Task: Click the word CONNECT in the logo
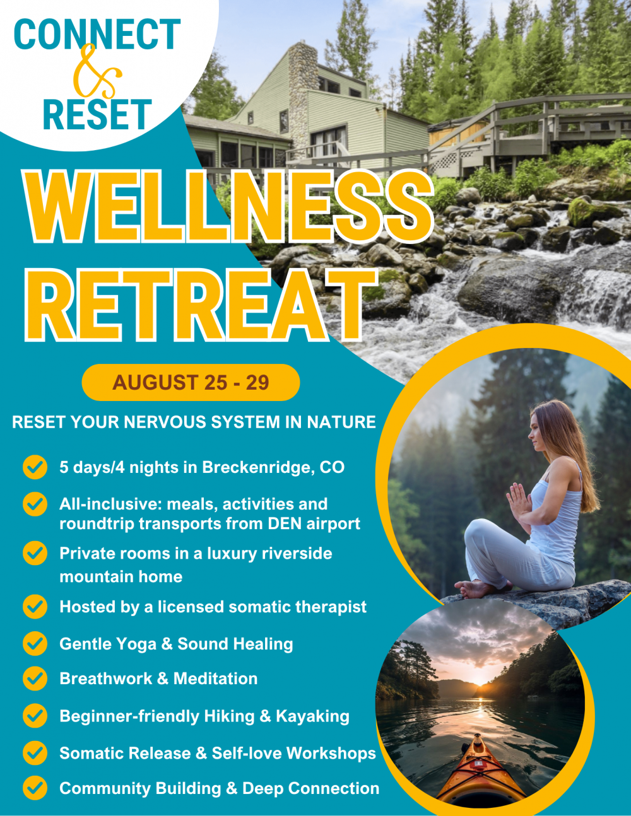click(97, 34)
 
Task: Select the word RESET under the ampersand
click(97, 115)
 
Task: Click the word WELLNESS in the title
click(228, 206)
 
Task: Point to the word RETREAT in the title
click(201, 305)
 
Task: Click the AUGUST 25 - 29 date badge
click(191, 382)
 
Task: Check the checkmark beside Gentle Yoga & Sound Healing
click(35, 644)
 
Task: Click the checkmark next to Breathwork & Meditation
click(35, 679)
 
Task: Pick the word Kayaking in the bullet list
click(312, 716)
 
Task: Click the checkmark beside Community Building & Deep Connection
click(35, 788)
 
